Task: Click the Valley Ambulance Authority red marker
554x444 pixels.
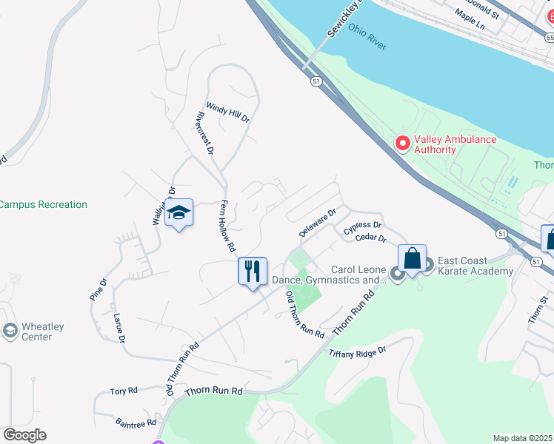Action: coord(403,143)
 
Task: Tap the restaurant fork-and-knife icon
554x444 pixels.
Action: coord(252,270)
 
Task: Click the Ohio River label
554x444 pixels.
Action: coord(367,40)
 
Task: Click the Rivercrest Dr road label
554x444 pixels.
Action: coord(205,133)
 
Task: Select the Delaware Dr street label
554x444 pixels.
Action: coord(318,222)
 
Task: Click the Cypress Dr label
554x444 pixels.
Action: coord(362,226)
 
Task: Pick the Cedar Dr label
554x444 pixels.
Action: coord(371,238)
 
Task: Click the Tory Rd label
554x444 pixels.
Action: coord(124,391)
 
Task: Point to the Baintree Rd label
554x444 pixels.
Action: coord(136,423)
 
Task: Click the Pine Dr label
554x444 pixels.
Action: coord(99,289)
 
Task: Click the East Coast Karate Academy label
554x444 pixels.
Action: coord(475,266)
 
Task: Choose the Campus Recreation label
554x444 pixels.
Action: coord(44,204)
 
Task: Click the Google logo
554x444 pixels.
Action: coord(24,435)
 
